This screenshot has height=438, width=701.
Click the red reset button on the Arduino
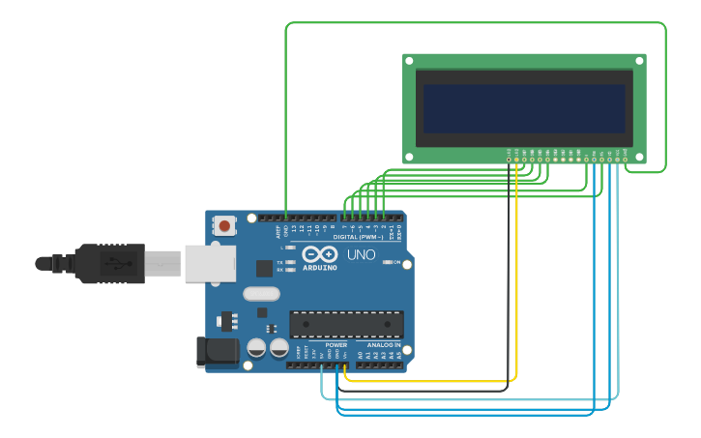pyautogui.click(x=224, y=226)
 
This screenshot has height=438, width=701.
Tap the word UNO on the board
pyautogui.click(x=361, y=255)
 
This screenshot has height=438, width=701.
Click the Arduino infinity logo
pyautogui.click(x=319, y=255)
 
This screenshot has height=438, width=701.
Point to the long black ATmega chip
pyautogui.click(x=346, y=325)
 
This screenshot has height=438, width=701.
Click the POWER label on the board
pyautogui.click(x=336, y=344)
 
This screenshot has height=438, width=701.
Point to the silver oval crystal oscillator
pyautogui.click(x=261, y=293)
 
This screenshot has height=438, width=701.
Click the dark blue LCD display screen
pyautogui.click(x=523, y=107)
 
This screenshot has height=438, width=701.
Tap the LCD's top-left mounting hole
pyautogui.click(x=410, y=61)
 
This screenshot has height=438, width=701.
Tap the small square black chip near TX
pyautogui.click(x=264, y=269)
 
